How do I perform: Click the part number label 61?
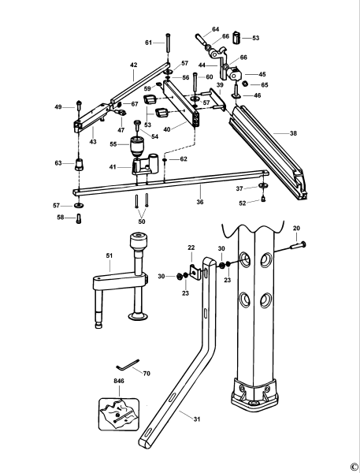(148, 42)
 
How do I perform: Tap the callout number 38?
(293, 134)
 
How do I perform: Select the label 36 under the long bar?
(199, 203)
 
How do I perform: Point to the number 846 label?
(118, 381)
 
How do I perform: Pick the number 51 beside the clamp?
(109, 255)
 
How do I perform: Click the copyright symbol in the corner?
(353, 466)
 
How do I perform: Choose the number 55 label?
(113, 145)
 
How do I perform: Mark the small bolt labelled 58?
(79, 219)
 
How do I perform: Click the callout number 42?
(133, 65)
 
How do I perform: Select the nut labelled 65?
(245, 84)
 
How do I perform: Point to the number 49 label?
(58, 106)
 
